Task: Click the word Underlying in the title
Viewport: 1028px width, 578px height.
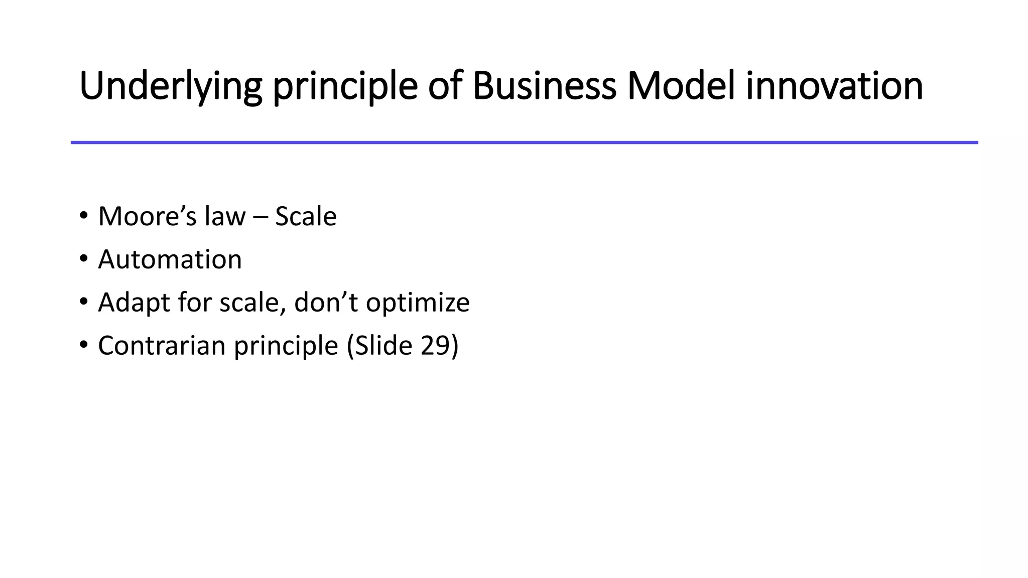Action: (170, 86)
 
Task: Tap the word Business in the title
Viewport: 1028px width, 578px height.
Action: (544, 86)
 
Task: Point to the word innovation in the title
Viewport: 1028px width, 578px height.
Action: (834, 86)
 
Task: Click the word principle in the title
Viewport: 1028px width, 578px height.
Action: (345, 86)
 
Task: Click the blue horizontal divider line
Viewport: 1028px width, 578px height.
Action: (524, 142)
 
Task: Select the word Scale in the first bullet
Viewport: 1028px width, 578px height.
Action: (306, 217)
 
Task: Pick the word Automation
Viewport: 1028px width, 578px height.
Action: (170, 260)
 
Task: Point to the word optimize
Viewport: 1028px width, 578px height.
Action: (418, 303)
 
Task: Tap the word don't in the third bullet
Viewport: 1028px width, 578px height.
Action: (326, 303)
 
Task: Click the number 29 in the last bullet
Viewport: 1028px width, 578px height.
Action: (435, 346)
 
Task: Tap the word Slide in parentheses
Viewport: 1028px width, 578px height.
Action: (384, 346)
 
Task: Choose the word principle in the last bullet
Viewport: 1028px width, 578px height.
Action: (286, 346)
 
